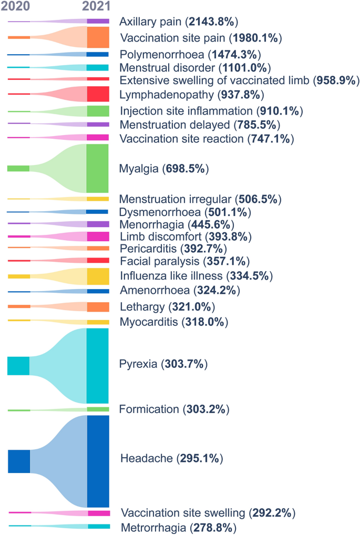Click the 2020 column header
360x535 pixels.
click(15, 6)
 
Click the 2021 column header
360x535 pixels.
click(97, 6)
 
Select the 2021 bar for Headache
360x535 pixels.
click(98, 461)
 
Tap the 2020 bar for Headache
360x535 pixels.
click(19, 461)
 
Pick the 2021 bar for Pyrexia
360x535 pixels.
click(97, 366)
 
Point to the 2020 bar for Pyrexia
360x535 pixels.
click(18, 366)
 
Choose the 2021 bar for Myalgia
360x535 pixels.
click(97, 168)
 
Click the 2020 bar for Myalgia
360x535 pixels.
click(18, 168)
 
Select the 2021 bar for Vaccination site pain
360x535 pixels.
click(98, 37)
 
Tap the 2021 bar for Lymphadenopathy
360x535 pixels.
click(98, 94)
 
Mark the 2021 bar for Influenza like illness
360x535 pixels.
click(98, 276)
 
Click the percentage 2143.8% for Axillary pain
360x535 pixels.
click(212, 22)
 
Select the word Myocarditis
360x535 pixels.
click(149, 322)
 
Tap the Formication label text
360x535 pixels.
click(149, 409)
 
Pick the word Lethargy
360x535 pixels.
click(142, 307)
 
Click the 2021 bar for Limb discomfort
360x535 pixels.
click(98, 236)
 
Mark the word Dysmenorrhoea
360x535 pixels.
click(160, 212)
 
